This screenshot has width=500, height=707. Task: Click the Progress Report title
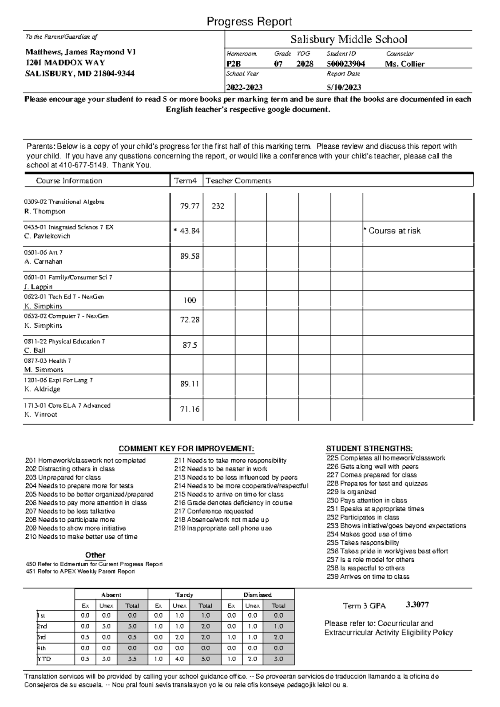(x=249, y=22)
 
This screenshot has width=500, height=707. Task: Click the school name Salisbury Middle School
(x=348, y=40)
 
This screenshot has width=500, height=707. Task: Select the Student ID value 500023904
(x=346, y=64)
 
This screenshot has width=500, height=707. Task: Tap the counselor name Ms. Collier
(x=405, y=64)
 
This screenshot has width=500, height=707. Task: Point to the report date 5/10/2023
(x=344, y=87)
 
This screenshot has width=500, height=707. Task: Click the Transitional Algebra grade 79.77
(x=190, y=206)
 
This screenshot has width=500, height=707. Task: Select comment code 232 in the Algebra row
(x=218, y=206)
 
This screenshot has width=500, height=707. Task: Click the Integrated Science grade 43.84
(x=190, y=231)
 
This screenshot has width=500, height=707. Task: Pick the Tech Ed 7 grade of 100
(x=190, y=301)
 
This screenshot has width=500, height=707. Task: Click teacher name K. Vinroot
(x=41, y=415)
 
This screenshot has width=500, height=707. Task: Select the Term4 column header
(x=185, y=181)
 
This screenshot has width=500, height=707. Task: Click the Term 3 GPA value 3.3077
(x=417, y=605)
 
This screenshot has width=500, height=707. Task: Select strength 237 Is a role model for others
(x=370, y=560)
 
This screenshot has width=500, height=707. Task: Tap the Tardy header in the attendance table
(x=184, y=595)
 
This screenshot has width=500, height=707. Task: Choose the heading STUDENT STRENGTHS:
(x=369, y=448)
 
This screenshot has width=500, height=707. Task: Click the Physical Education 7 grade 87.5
(x=190, y=346)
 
